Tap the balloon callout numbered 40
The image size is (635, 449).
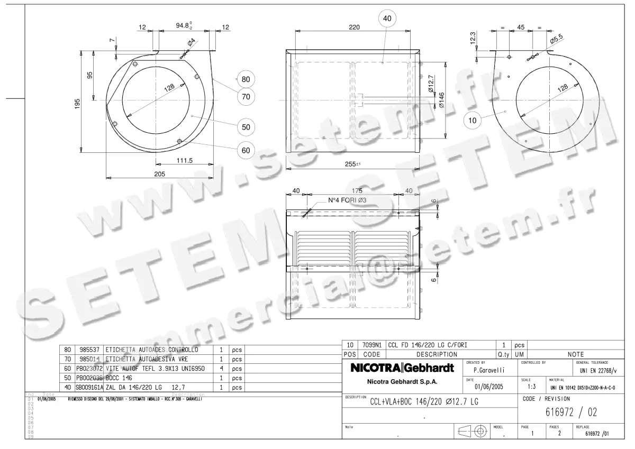tap(387, 19)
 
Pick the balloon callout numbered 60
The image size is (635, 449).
tap(246, 150)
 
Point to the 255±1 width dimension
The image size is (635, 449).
tap(352, 164)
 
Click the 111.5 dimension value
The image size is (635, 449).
tap(184, 160)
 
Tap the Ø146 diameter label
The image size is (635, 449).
tap(441, 99)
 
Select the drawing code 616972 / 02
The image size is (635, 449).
tap(570, 412)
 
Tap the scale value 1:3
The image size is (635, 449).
tap(532, 387)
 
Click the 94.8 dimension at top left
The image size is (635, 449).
tap(183, 25)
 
